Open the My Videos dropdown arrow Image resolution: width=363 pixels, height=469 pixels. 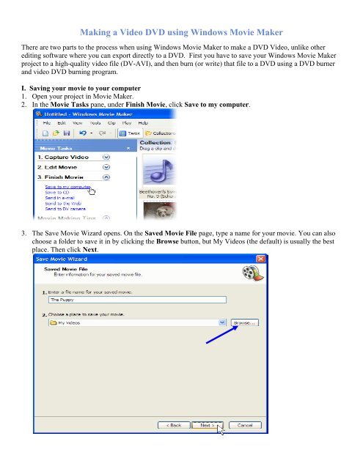pos(221,322)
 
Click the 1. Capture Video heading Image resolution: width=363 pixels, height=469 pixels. pos(63,157)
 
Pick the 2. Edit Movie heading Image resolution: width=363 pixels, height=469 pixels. pos(59,166)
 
